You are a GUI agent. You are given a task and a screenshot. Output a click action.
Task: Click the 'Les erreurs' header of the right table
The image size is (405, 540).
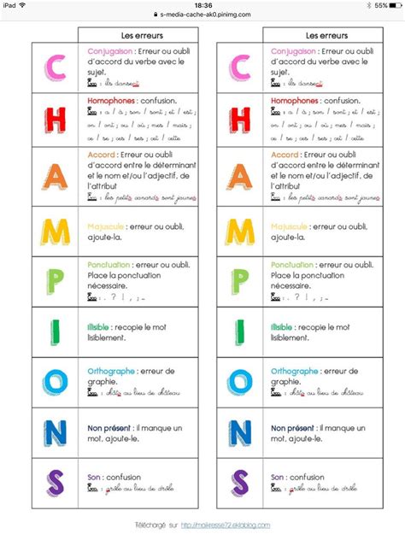323,36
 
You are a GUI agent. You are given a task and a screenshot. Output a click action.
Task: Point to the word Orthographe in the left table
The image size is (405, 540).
113,371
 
